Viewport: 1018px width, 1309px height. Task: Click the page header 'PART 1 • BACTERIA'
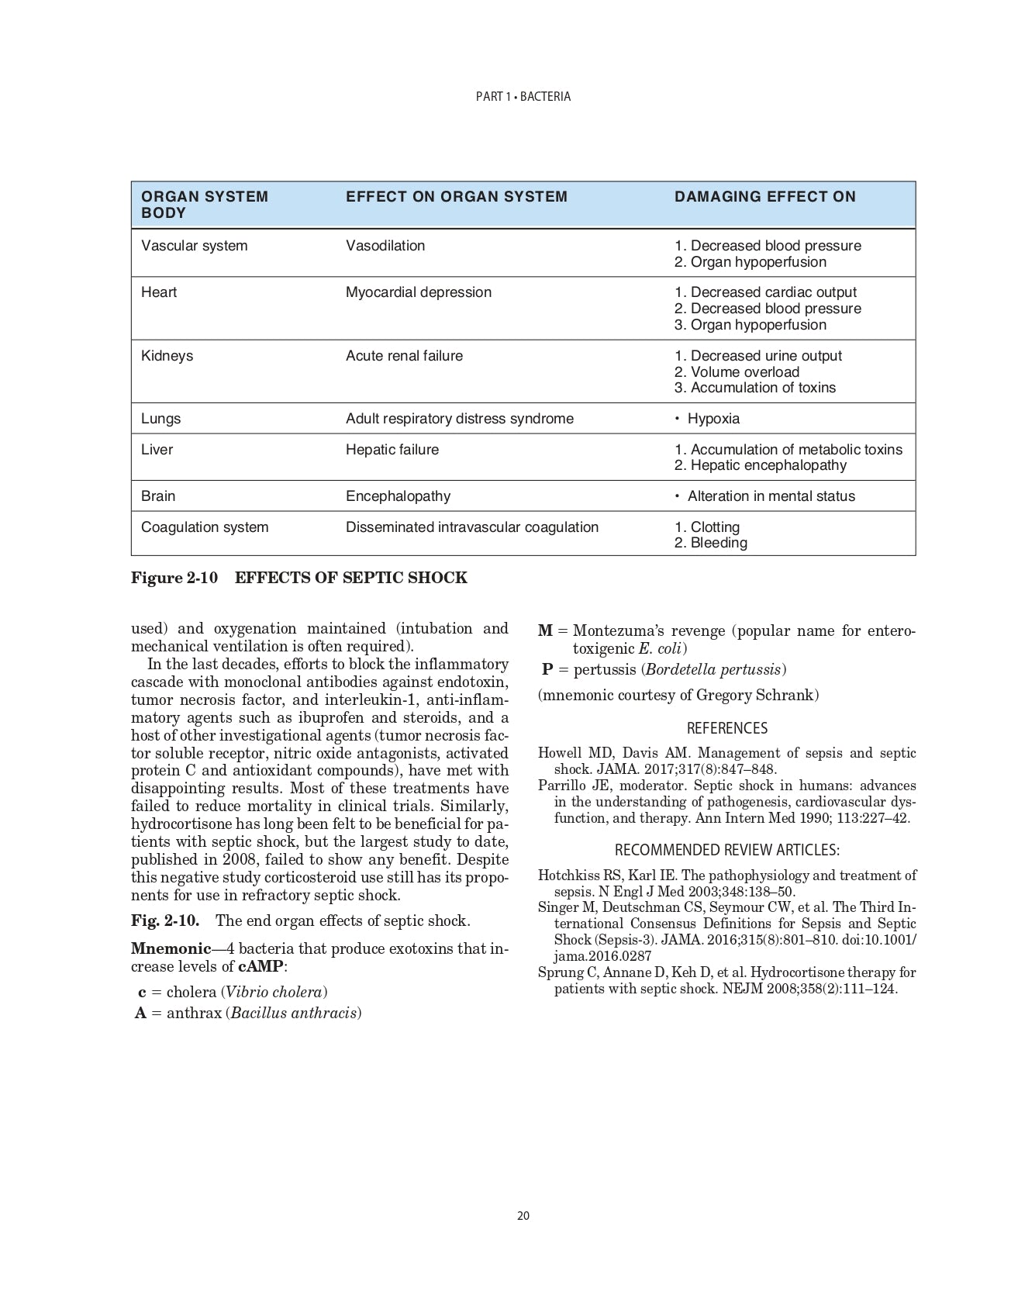coord(523,97)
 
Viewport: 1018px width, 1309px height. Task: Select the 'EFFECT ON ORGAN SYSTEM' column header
coord(456,197)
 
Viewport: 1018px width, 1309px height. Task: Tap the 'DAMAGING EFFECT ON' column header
coord(764,197)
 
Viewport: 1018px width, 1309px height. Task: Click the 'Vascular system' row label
coord(194,246)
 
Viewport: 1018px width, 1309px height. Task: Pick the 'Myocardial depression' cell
coord(418,292)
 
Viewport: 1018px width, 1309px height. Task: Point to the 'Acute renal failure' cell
coord(404,356)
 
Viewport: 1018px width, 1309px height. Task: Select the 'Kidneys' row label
coord(167,356)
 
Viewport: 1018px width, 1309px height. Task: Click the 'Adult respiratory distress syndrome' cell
coord(459,419)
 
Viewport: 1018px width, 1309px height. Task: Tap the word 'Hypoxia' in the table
coord(713,419)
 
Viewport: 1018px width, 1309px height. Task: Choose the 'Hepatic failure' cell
coord(392,450)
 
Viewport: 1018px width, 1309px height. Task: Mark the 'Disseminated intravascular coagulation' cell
coord(471,527)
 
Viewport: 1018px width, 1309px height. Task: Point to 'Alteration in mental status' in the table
coord(771,496)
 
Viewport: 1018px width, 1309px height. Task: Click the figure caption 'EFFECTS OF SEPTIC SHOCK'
coord(350,578)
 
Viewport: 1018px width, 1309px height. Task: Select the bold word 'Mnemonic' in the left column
coord(171,948)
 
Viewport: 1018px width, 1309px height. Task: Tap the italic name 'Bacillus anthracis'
coord(294,1013)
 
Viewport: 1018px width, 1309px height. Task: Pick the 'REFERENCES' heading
coord(726,728)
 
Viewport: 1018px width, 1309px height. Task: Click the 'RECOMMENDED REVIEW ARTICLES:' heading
coord(726,850)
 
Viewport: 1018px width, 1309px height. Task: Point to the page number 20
coord(523,1216)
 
